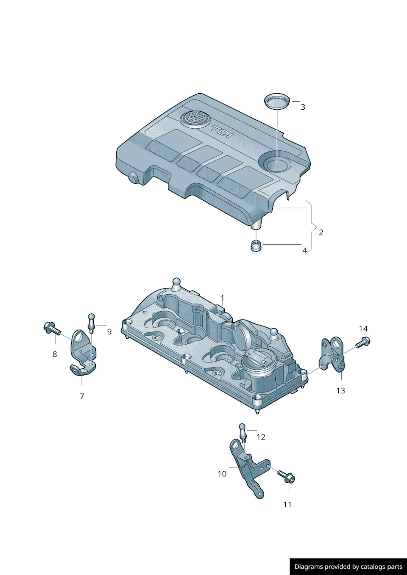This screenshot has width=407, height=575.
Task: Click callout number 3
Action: (x=303, y=107)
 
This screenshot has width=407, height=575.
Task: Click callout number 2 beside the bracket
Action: (x=321, y=232)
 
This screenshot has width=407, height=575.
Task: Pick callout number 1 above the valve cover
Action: (x=222, y=298)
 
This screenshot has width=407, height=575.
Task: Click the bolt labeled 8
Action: (x=52, y=329)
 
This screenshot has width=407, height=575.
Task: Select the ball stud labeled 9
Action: (x=92, y=323)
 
